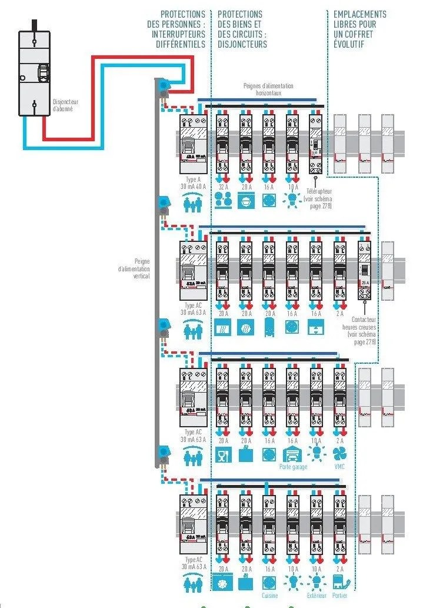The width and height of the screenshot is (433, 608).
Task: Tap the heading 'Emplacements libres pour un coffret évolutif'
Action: [359, 29]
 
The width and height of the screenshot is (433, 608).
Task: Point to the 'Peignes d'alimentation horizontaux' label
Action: [268, 89]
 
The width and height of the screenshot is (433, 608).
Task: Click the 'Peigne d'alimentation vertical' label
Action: [135, 268]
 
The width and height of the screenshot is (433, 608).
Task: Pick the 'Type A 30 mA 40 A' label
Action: [193, 182]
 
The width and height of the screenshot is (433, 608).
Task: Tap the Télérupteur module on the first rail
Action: [317, 144]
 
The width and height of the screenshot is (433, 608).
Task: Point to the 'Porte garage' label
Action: [293, 467]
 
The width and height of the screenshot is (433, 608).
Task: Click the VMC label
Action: [340, 467]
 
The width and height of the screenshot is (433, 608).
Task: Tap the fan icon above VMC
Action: [340, 454]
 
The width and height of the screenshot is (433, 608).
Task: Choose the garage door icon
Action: [292, 454]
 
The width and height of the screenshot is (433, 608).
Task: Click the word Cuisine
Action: [269, 596]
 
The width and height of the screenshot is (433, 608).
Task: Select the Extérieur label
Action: [317, 596]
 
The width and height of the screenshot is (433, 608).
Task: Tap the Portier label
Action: [340, 596]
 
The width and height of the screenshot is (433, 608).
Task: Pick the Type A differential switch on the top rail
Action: [193, 144]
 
